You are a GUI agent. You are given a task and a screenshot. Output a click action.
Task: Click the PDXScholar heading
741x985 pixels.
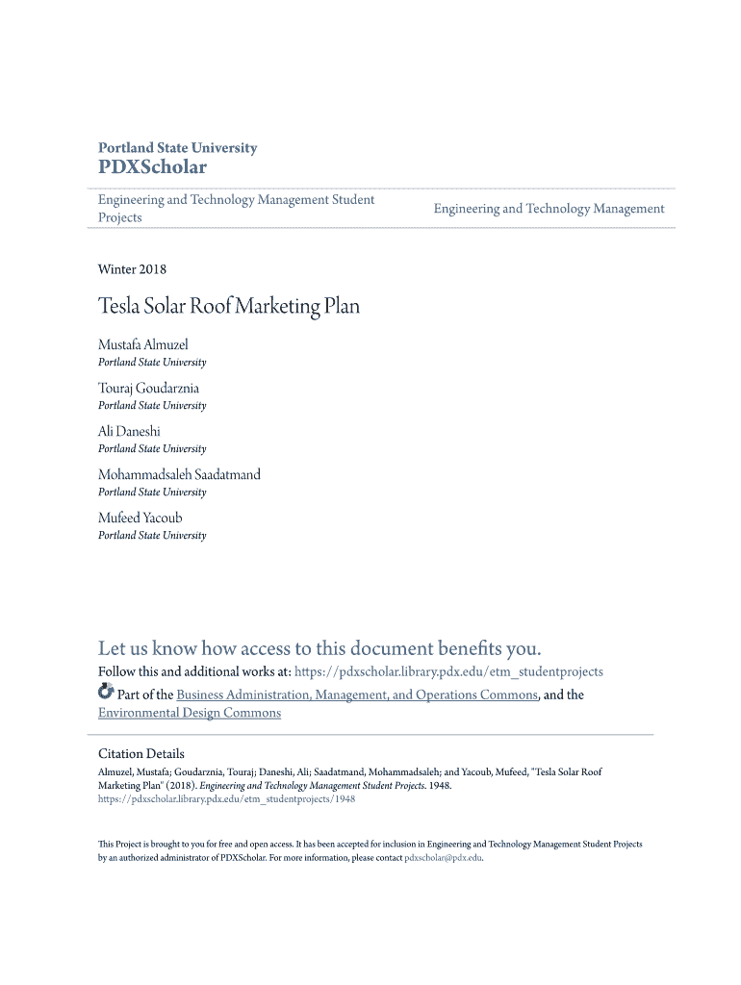152,167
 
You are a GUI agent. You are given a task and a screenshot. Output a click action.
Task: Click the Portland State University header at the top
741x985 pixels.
177,147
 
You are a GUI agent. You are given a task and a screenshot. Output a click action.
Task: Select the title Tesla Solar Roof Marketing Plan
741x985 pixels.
229,307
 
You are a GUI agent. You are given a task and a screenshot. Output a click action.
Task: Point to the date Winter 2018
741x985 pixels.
132,269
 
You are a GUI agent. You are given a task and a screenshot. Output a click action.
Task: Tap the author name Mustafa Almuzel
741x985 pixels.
143,344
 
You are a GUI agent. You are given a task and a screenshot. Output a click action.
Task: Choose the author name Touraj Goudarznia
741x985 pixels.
148,388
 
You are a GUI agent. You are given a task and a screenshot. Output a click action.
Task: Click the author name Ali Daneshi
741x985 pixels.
129,431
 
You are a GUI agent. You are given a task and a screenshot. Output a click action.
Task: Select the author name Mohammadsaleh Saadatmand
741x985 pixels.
179,474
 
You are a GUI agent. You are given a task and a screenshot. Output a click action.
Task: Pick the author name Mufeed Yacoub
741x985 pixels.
140,518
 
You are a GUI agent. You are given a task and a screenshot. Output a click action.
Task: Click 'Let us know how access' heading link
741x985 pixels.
319,647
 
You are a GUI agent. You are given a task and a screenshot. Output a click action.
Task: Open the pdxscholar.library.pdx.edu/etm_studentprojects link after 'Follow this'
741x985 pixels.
448,671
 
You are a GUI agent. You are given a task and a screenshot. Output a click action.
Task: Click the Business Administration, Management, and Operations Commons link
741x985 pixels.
356,695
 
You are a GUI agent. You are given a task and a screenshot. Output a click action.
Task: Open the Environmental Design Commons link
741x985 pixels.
190,713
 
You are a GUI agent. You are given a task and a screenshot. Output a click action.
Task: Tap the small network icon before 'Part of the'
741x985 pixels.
106,693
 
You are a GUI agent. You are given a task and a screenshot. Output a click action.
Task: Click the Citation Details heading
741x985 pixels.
141,753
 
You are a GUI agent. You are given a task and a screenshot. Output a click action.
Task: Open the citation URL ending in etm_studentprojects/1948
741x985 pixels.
227,798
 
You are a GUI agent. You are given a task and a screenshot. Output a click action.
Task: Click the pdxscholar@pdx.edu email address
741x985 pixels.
443,857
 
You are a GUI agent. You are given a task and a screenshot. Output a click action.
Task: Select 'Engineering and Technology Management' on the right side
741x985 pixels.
549,209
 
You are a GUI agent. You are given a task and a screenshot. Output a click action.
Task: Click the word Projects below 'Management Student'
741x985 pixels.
120,217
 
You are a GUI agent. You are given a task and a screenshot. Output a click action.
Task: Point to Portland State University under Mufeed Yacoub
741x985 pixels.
152,535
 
